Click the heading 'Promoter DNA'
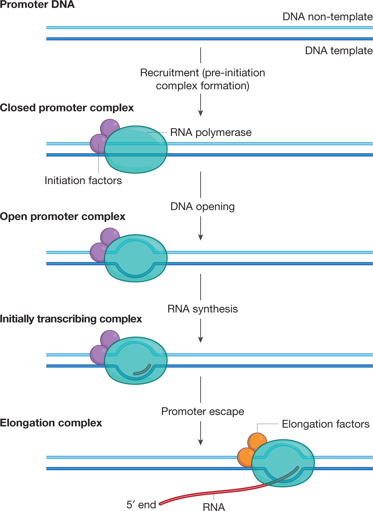(37, 4)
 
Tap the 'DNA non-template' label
(328, 17)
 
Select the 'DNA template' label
(339, 50)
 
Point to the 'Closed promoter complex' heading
(67, 108)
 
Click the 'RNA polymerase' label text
(211, 132)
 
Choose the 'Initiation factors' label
(83, 180)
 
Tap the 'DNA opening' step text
(202, 207)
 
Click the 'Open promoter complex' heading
(62, 216)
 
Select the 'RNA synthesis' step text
(202, 309)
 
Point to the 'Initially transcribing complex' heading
(71, 319)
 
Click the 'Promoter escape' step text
(202, 412)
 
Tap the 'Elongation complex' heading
(51, 423)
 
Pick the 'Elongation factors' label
(325, 424)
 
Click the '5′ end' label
(141, 505)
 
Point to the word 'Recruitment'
(169, 73)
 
